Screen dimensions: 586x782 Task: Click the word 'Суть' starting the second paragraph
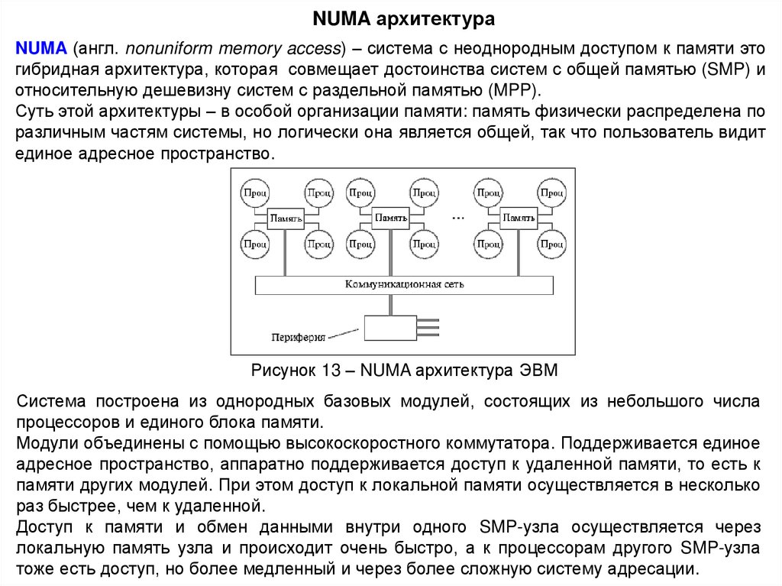34,112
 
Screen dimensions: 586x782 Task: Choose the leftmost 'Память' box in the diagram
286,219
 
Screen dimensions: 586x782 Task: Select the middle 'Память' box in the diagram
389,219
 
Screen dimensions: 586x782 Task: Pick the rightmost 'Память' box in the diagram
518,219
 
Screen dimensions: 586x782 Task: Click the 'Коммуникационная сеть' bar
404,285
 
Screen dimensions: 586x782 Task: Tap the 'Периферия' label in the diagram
299,336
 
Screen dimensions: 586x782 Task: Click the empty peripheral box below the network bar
389,327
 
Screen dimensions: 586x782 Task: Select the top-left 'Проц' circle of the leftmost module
254,193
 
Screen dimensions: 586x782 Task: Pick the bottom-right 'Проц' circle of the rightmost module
551,245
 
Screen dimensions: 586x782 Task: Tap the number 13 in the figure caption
330,372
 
